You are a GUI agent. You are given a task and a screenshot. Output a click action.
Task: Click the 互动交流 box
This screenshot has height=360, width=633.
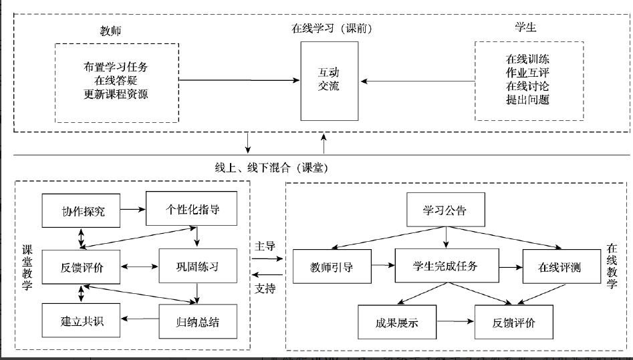330,81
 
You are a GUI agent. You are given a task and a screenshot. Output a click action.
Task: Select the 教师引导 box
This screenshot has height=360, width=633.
332,268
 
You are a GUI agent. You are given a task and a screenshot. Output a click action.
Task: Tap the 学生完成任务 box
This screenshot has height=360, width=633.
446,265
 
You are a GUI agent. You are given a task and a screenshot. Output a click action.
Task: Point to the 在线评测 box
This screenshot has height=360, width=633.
559,268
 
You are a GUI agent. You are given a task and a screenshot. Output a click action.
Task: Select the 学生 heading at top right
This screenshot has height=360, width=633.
525,27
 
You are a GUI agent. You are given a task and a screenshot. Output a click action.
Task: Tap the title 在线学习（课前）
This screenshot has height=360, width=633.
332,29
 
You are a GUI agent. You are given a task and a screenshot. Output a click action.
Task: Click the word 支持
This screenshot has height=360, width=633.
265,289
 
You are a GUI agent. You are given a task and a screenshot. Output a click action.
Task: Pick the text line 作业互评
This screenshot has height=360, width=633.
527,72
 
